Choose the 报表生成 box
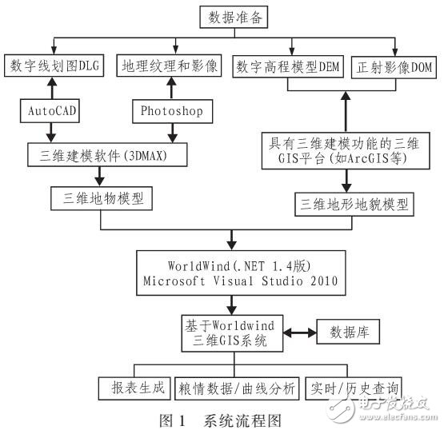pyautogui.click(x=131, y=388)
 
